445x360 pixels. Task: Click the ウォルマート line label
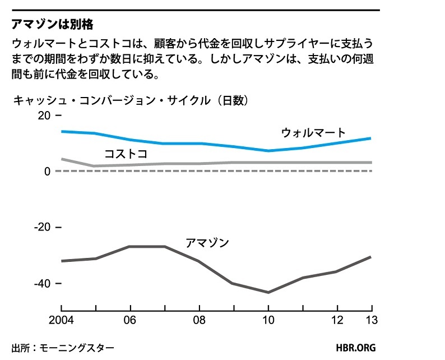(313, 133)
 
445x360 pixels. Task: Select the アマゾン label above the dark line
(207, 243)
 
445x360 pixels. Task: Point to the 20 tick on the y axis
(44, 116)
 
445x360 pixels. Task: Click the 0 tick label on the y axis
(47, 172)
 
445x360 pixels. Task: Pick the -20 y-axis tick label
(41, 228)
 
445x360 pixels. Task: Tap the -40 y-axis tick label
(41, 284)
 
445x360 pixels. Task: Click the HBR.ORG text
(356, 348)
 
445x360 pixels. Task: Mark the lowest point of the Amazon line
(268, 292)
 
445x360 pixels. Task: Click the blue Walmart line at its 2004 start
(62, 131)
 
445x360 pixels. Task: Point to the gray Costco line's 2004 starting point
(62, 159)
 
